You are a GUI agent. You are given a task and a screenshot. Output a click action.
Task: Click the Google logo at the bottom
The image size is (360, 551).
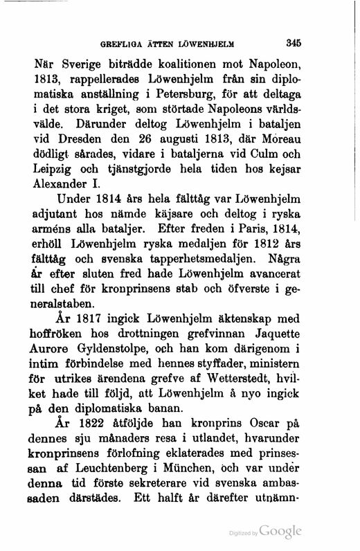280,532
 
